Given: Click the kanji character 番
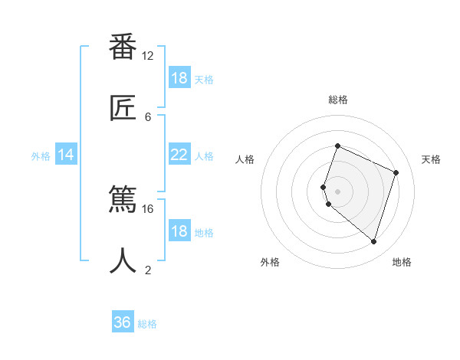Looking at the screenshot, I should pyautogui.click(x=123, y=47).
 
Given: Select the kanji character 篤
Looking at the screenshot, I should pyautogui.click(x=123, y=201).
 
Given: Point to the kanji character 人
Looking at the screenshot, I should pyautogui.click(x=123, y=260).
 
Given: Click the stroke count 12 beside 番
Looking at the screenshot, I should pyautogui.click(x=148, y=56).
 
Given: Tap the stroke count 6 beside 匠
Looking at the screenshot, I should pyautogui.click(x=148, y=116).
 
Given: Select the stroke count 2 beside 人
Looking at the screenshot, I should pyautogui.click(x=148, y=270).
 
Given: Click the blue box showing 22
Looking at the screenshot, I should pyautogui.click(x=179, y=155).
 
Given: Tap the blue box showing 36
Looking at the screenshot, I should pyautogui.click(x=123, y=322).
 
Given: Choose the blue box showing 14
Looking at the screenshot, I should pyautogui.click(x=66, y=155).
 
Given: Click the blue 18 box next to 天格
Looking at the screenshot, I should pyautogui.click(x=179, y=78).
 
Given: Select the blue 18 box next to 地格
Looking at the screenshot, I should pyautogui.click(x=179, y=231).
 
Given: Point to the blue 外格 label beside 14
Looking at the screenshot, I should pyautogui.click(x=41, y=155).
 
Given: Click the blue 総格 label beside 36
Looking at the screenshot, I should pyautogui.click(x=147, y=323).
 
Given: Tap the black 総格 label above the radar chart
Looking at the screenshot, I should pyautogui.click(x=337, y=100).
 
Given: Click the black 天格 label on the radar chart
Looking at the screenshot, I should pyautogui.click(x=431, y=159).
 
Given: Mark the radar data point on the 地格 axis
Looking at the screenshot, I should pyautogui.click(x=373, y=241).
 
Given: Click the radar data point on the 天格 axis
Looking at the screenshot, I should pyautogui.click(x=396, y=172).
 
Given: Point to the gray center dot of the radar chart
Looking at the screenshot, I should pyautogui.click(x=337, y=191).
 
